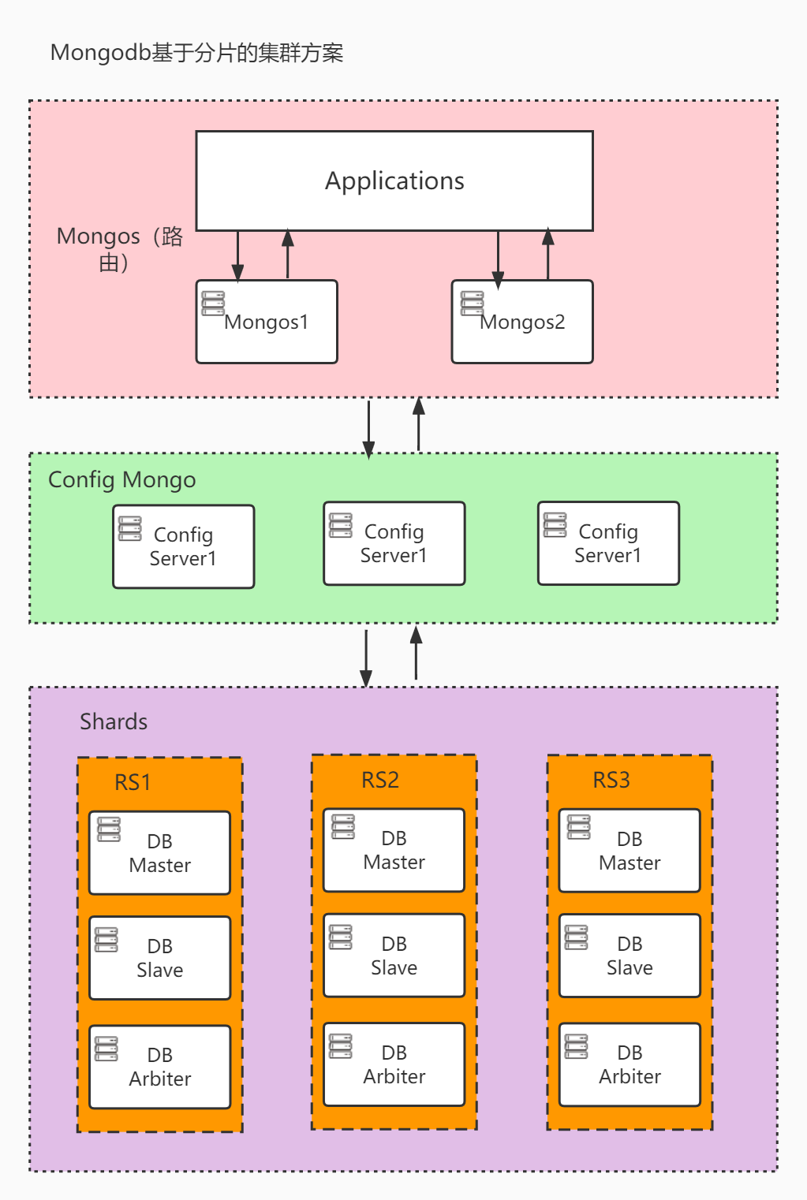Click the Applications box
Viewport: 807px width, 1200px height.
click(394, 181)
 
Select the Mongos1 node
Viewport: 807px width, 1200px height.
click(267, 322)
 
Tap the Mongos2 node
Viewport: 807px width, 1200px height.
click(522, 322)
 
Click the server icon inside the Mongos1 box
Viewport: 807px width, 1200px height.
click(213, 303)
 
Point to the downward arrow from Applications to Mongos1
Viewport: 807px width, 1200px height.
click(237, 256)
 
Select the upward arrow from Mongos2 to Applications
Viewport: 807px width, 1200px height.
click(548, 254)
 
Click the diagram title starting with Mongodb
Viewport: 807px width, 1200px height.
click(196, 53)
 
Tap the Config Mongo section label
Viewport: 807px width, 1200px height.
click(121, 479)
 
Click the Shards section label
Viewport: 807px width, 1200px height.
click(114, 721)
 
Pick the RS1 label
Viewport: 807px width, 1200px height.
click(133, 782)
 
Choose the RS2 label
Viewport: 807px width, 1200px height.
click(380, 780)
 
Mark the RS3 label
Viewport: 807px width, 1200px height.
click(611, 780)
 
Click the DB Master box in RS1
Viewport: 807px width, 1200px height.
click(159, 853)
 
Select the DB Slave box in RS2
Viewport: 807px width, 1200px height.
click(394, 956)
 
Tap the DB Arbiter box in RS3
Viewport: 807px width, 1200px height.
click(630, 1064)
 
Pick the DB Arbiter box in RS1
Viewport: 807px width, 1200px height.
click(159, 1067)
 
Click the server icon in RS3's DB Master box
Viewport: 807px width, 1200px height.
click(579, 827)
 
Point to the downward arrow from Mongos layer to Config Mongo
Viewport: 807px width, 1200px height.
click(368, 428)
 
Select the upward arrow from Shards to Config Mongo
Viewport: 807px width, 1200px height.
click(417, 653)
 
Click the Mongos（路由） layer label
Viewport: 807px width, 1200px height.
click(119, 248)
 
